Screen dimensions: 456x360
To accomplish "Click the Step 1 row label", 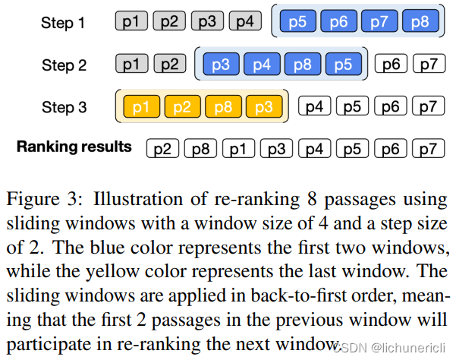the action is tap(63, 23).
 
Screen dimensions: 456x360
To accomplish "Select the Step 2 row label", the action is tap(63, 65).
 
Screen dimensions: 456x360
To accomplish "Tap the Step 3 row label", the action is tap(63, 108).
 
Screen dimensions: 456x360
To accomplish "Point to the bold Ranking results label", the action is tap(74, 146).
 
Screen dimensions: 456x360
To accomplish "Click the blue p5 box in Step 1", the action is tap(297, 23).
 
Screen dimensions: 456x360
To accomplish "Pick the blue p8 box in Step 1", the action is tap(420, 23).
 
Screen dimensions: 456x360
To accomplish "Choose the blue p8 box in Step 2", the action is tap(302, 65).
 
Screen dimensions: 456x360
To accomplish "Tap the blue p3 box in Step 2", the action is tap(221, 65).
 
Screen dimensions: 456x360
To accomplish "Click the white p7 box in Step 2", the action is tap(429, 65).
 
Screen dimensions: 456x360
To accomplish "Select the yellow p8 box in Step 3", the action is tap(222, 108).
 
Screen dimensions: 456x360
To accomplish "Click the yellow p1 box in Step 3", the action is tap(141, 108).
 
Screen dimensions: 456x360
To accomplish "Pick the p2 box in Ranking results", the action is tap(162, 147).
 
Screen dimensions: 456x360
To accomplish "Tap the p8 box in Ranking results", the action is tap(200, 147).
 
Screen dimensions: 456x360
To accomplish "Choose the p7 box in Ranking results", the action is tap(429, 147).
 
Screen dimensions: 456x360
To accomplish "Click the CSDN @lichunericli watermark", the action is tap(392, 347).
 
